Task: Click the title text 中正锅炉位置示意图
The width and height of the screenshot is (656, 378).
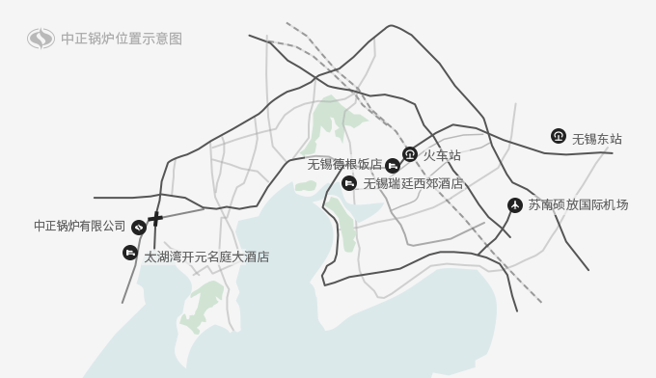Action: tap(121, 40)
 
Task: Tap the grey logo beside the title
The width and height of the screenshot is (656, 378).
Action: tap(41, 40)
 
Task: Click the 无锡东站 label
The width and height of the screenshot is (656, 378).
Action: tap(597, 140)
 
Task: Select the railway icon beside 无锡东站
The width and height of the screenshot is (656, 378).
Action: tap(558, 136)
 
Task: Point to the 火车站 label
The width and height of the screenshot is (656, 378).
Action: tap(442, 155)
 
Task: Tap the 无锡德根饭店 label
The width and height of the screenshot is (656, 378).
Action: tap(344, 165)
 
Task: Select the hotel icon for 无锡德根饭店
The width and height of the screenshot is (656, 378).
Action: tap(392, 166)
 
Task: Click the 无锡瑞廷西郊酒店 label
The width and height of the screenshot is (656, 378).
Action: tap(413, 183)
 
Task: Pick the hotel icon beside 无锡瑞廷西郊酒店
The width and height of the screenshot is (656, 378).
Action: tap(349, 183)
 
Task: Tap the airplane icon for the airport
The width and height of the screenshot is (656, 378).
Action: tap(515, 204)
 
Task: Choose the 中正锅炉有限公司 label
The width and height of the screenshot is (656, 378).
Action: tap(80, 227)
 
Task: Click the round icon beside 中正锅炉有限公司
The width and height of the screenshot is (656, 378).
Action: tap(139, 227)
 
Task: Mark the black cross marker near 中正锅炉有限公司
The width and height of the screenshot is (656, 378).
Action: tap(155, 219)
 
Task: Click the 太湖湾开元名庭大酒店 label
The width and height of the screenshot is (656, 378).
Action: tap(206, 257)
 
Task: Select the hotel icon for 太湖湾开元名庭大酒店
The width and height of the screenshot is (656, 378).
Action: tap(130, 253)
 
